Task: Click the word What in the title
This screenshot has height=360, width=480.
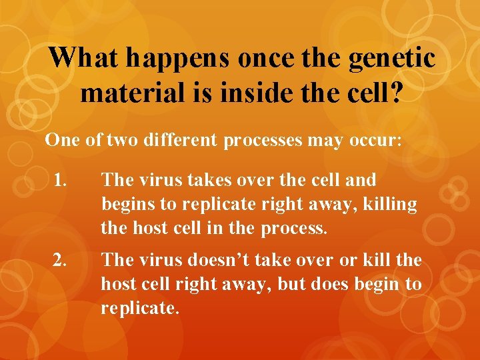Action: [85, 57]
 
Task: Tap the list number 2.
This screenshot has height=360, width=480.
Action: [61, 260]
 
